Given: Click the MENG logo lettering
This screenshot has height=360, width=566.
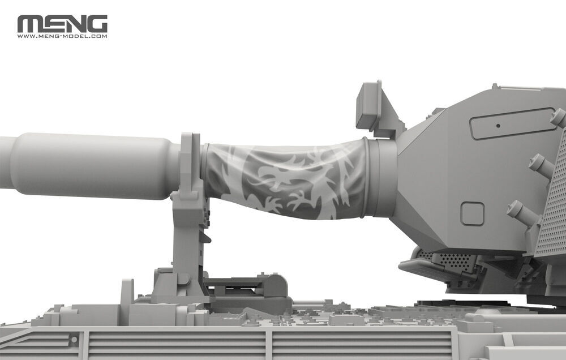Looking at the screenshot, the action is coord(62,24).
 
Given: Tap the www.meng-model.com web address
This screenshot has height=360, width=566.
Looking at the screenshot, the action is coord(62,36).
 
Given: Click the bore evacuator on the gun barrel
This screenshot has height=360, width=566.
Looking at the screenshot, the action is coord(94,165).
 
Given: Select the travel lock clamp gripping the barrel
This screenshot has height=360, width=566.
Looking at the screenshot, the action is coord(190,166).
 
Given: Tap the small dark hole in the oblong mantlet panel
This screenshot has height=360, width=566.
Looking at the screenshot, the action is coord(498,126).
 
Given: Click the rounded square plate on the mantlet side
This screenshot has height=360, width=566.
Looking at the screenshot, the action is coord(472,214).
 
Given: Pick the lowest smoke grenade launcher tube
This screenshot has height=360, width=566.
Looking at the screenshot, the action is coord(524,213).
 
